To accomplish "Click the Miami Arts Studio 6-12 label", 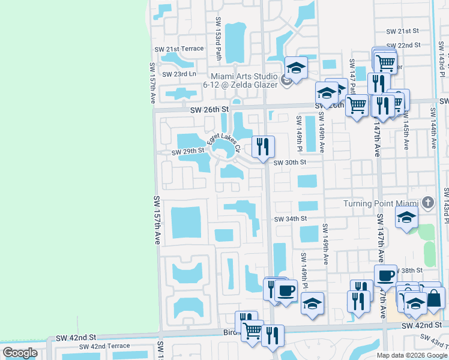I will point(244,80).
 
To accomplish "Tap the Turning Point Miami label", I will point(381,203).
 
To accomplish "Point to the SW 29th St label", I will point(188,152).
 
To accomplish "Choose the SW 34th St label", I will point(291,219).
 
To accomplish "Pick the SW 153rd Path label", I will point(218,44).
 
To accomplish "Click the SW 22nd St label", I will point(403,45).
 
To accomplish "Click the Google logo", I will point(20,353).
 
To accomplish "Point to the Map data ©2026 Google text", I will point(412,355).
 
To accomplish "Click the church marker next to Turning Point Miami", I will point(427,203).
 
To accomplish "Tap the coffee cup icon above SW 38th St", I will point(385,276).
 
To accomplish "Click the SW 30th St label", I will point(290,162).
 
